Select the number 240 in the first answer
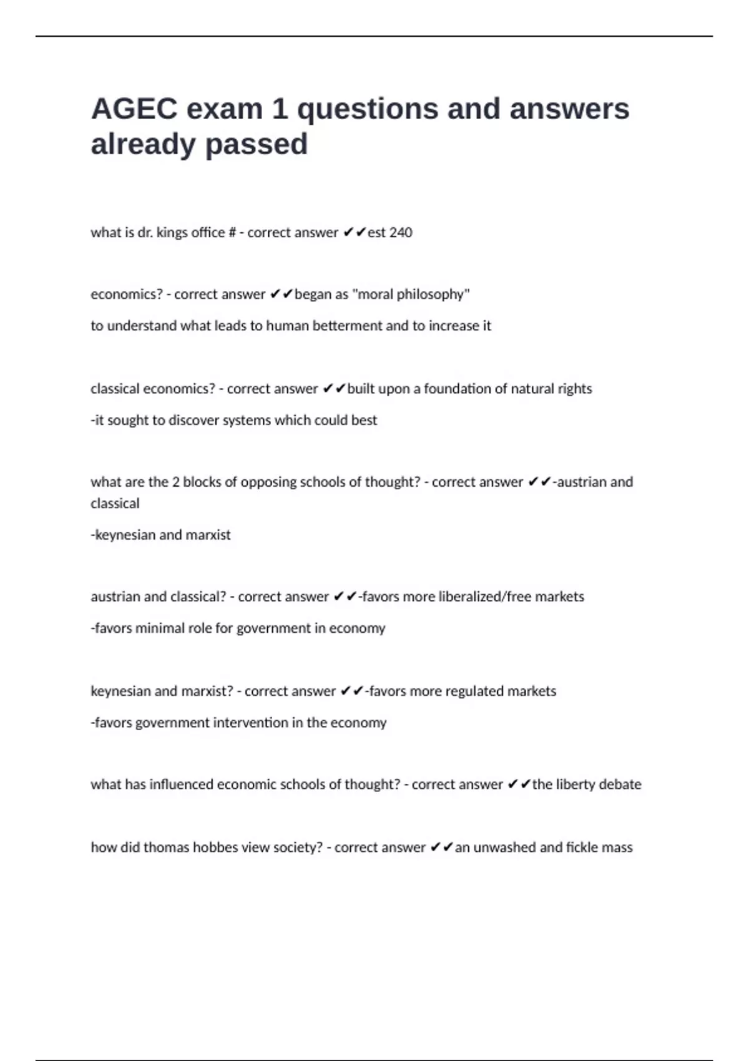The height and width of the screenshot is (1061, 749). pos(401,233)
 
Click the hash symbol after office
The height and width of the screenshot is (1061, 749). pos(232,233)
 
